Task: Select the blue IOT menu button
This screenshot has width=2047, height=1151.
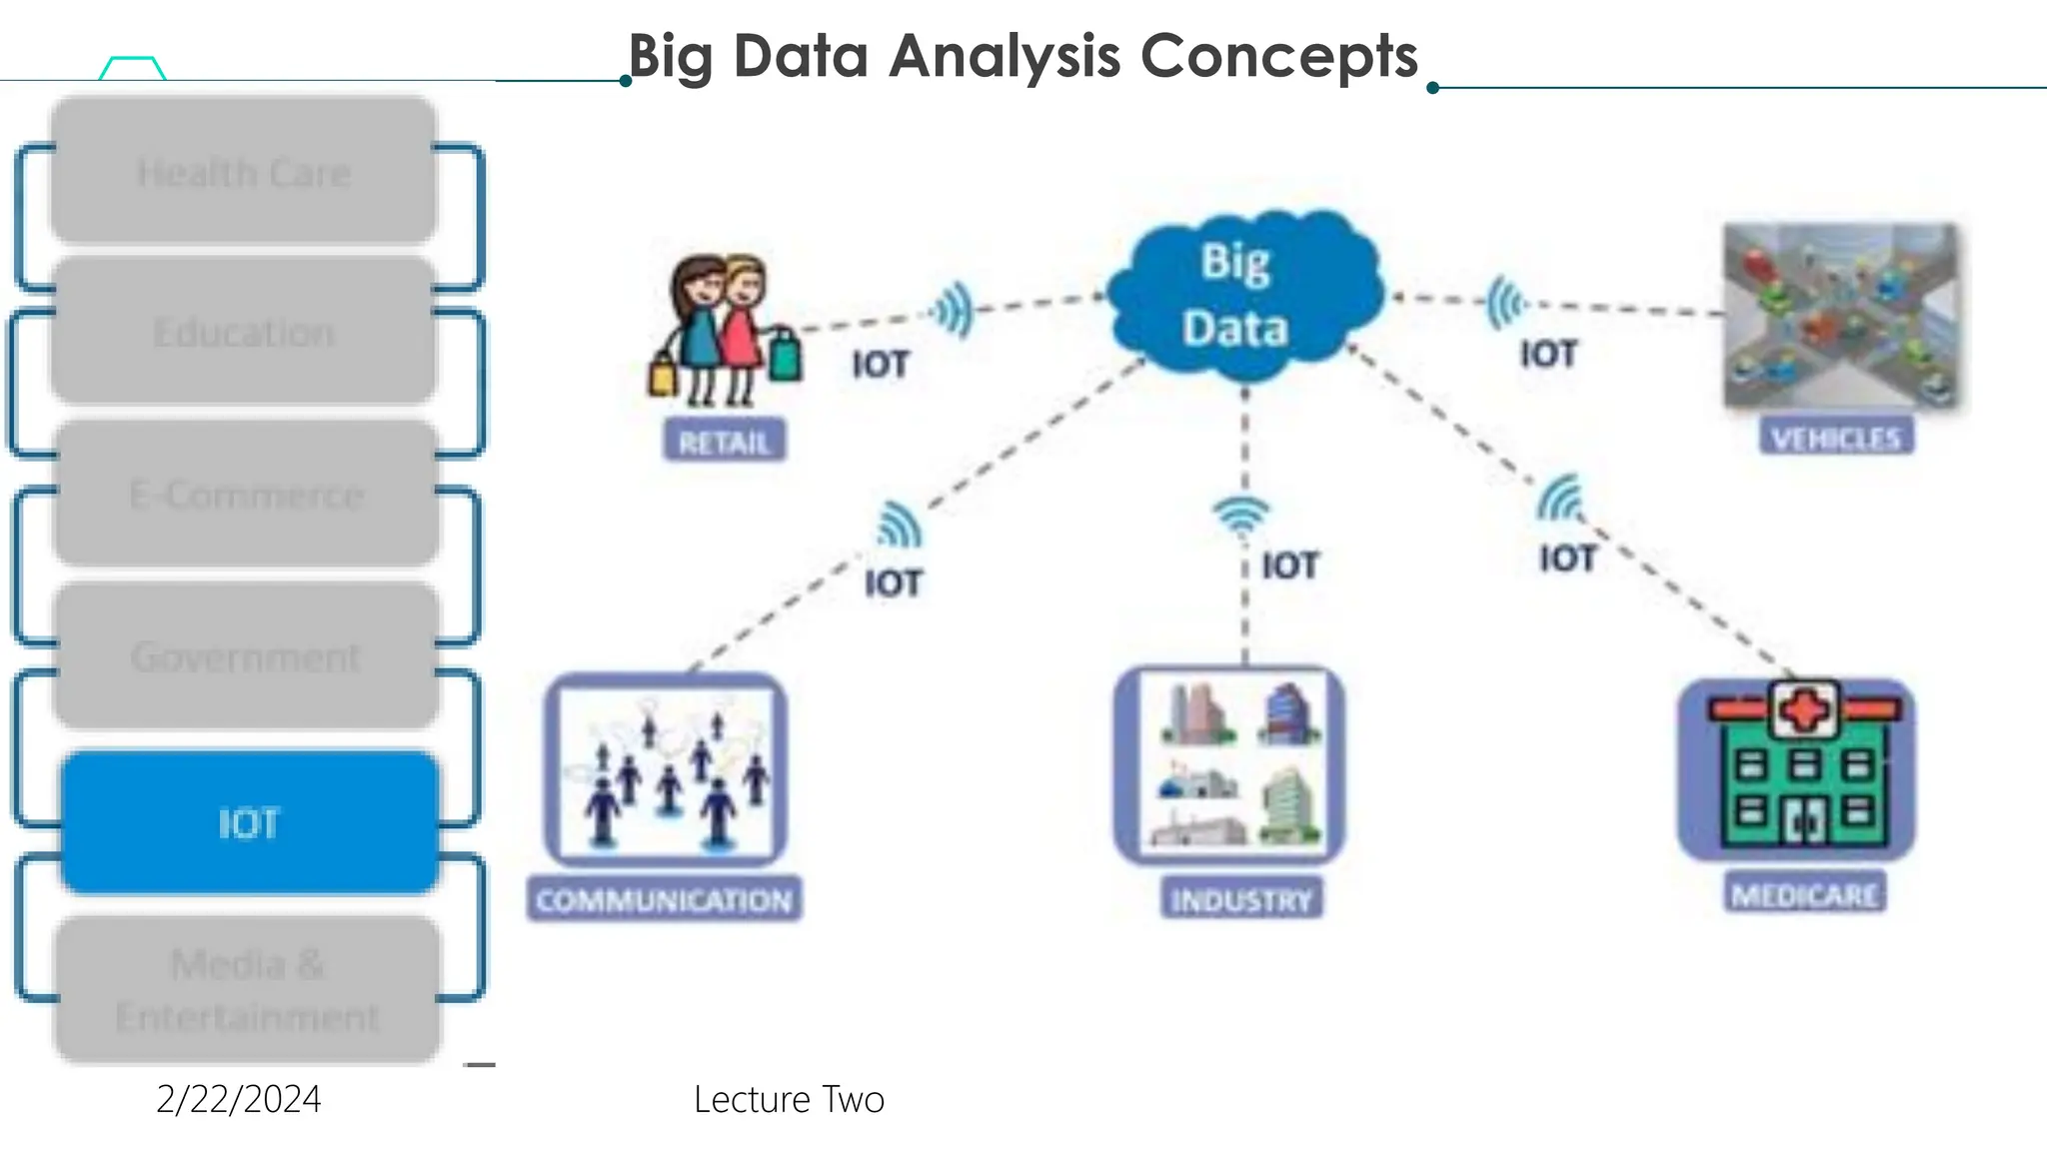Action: click(250, 823)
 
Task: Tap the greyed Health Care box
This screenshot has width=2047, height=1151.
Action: click(244, 172)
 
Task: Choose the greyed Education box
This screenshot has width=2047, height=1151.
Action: click(244, 332)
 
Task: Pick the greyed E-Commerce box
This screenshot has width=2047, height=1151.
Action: click(246, 495)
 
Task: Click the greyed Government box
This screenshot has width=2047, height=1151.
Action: click(246, 656)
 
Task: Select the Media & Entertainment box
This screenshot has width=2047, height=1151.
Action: click(248, 989)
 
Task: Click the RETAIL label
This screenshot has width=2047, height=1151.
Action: click(725, 442)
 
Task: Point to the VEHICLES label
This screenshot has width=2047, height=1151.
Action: click(1836, 438)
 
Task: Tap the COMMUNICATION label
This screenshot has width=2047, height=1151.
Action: click(665, 900)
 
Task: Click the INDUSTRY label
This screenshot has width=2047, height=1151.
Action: click(1241, 900)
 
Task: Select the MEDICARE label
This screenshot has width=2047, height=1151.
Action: click(1805, 894)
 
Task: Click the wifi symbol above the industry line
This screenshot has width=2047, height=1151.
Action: click(1241, 514)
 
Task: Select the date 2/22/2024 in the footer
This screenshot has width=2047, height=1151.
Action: click(239, 1099)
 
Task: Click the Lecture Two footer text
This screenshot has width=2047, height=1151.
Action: click(789, 1099)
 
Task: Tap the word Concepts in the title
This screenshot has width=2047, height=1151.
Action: click(1279, 56)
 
